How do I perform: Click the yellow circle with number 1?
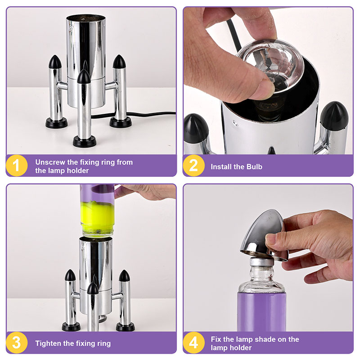17,166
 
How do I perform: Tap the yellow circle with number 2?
193,166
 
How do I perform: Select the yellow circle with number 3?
17,342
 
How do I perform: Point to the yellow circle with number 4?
193,342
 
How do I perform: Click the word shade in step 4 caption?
265,339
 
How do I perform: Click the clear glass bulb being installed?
271,67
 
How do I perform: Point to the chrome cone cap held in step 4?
264,235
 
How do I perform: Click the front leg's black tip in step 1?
84,76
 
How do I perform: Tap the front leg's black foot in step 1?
84,141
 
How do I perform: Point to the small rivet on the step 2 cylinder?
235,123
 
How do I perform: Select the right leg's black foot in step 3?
125,327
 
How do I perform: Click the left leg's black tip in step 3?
70,275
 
